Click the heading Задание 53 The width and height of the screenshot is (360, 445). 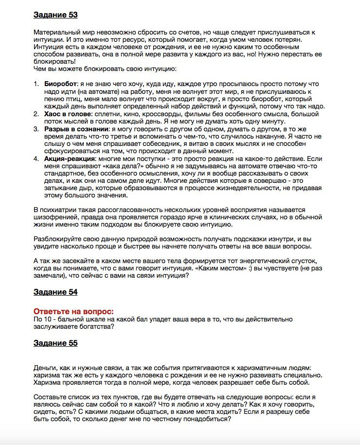click(x=55, y=15)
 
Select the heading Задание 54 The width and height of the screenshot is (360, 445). click(x=55, y=292)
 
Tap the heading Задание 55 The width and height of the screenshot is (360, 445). click(x=55, y=343)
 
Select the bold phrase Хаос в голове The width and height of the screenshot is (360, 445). click(x=69, y=114)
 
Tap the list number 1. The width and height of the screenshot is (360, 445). click(x=36, y=84)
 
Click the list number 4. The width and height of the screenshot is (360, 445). click(x=36, y=159)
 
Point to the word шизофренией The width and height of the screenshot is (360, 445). click(x=54, y=218)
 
